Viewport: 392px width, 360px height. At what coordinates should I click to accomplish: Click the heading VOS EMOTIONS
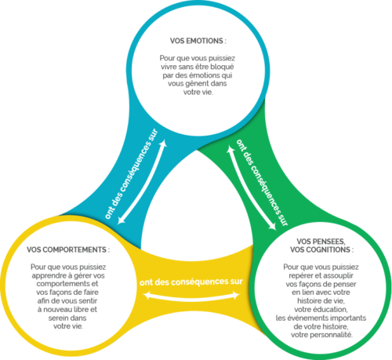coord(198,41)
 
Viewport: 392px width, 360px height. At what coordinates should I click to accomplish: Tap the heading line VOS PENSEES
coord(321,242)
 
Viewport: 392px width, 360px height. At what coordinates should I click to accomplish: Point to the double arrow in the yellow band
coord(191,296)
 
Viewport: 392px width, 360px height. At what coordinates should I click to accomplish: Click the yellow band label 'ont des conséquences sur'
coord(191,282)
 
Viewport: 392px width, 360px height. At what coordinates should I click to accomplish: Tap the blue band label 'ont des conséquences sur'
coord(131,174)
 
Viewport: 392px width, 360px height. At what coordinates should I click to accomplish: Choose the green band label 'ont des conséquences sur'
coord(262,182)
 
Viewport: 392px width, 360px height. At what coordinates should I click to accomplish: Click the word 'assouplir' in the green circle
coord(339,275)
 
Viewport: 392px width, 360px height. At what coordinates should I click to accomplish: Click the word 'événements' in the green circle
coord(307,318)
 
